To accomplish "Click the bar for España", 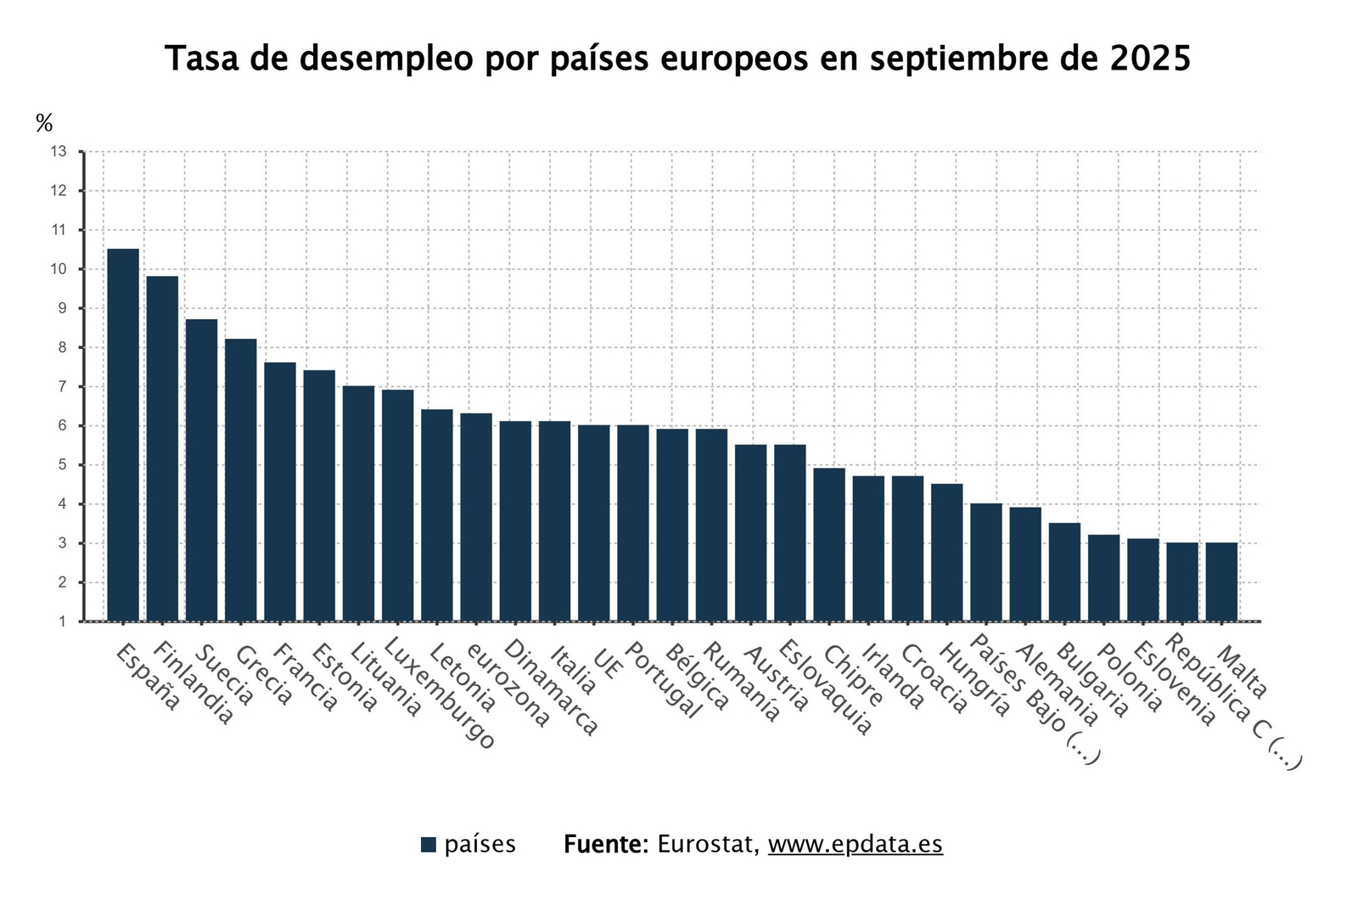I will [123, 435].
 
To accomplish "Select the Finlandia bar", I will [162, 448].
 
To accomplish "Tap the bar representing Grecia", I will [241, 480].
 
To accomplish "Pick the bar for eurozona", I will [476, 517].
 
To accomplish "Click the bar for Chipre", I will [829, 544].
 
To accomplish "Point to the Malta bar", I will [1221, 582].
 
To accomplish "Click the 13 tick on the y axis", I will [59, 152].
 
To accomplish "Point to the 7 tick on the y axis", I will [61, 387].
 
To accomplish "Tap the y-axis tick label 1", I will [61, 622].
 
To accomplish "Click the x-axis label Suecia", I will [224, 676].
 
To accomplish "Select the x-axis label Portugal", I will [665, 681].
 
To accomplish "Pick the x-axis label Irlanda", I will [892, 676].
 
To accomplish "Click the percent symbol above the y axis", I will [44, 123].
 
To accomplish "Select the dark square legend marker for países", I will [429, 845].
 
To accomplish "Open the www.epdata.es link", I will [855, 845].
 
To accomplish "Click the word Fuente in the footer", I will [605, 845].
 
